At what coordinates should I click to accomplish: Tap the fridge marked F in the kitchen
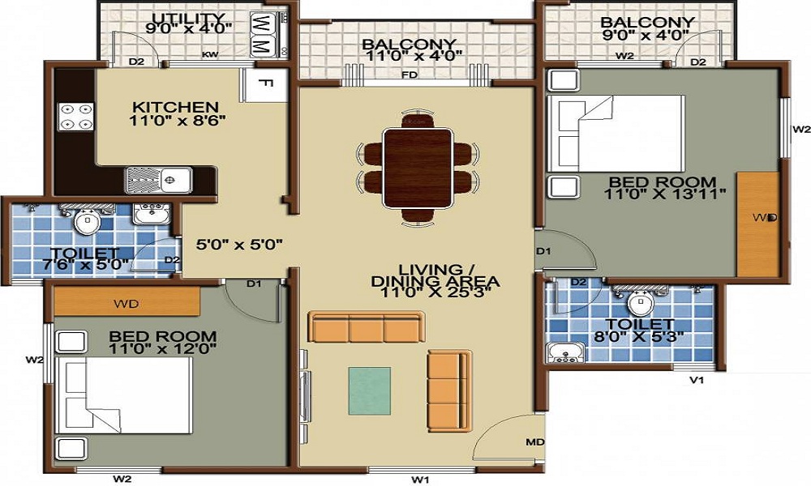click(263, 83)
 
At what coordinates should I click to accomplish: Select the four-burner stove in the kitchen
click(75, 117)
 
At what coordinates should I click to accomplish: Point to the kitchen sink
click(159, 179)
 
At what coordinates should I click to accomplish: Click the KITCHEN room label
click(175, 107)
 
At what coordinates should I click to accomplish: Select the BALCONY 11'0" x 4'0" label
click(410, 50)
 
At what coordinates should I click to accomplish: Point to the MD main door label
click(534, 441)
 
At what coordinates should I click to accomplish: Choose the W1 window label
click(419, 480)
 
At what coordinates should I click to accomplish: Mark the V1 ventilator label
click(696, 379)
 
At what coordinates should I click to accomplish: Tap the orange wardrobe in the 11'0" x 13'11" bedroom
click(758, 223)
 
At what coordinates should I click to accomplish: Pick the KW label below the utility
click(210, 56)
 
